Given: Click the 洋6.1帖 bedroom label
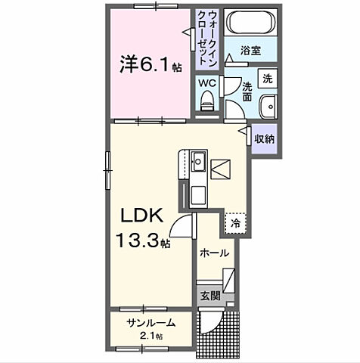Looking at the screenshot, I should coord(149,66).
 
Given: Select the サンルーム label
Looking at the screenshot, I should coord(151,323).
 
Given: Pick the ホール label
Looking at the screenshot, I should coord(213,254).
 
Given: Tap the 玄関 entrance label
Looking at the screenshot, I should coord(210,296).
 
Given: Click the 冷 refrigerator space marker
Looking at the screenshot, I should coord(236,223).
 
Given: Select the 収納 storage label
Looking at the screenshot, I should coord(264,138).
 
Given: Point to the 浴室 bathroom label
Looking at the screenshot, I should coord(251,50).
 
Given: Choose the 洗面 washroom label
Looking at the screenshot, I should coord(247,92).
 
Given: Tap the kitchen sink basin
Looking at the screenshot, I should coord(198,160).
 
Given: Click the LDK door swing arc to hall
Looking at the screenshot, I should coord(182,225).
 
